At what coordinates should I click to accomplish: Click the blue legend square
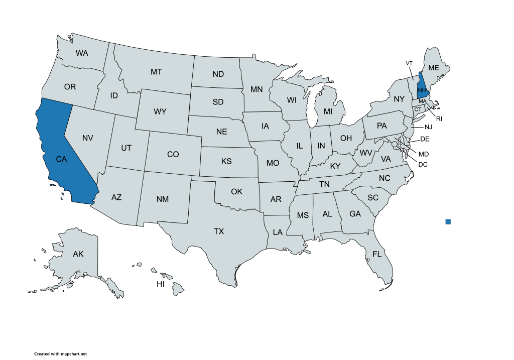coord(448,221)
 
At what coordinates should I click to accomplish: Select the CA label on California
coord(61,159)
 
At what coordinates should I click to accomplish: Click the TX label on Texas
coord(219,231)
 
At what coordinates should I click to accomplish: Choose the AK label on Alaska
coord(78,254)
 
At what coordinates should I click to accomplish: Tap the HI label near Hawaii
coord(161,284)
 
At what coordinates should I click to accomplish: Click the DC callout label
coord(423,164)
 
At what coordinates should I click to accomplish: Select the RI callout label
coord(439,119)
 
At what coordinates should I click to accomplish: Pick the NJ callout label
coord(428,127)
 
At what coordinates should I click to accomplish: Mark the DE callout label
coord(425,139)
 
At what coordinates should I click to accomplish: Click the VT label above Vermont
coord(409,63)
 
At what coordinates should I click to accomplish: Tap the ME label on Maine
coord(434,68)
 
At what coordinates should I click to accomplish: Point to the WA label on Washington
coord(82,53)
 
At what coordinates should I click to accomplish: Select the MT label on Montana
coord(156,72)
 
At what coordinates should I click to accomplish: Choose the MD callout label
coord(424,154)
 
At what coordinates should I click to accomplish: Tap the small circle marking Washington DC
coord(395,144)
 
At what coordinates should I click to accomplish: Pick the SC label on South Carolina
coord(372,197)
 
